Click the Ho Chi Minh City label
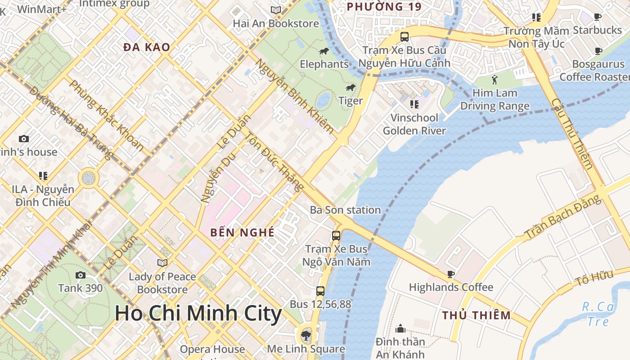click(198, 313)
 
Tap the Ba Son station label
click(345, 210)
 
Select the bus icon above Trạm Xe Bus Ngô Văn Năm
click(336, 235)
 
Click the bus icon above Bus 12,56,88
click(320, 291)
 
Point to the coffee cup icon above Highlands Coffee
click(451, 274)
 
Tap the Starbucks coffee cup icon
click(597, 17)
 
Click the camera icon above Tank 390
click(80, 275)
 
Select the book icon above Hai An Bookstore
click(275, 10)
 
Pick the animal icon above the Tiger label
click(350, 87)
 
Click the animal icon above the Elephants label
click(324, 51)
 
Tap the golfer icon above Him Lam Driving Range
click(495, 80)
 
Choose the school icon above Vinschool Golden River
click(414, 104)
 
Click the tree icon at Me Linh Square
click(306, 335)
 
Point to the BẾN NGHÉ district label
click(243, 233)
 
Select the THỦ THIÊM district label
click(476, 315)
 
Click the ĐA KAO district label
click(147, 47)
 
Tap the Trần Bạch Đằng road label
click(562, 218)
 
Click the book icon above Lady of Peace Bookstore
click(162, 263)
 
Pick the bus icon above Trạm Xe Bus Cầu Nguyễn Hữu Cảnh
click(404, 36)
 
